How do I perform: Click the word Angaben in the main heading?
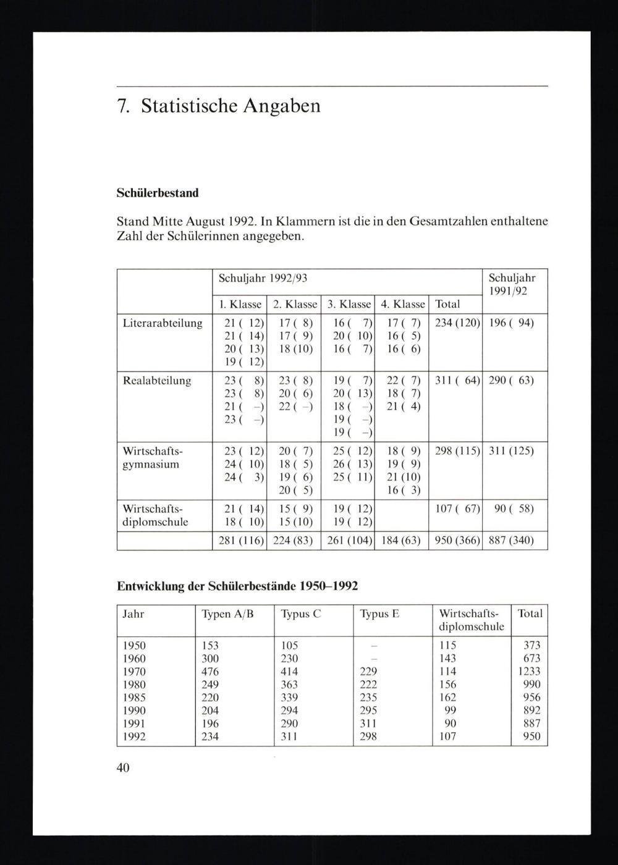282,106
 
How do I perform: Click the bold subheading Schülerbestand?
158,193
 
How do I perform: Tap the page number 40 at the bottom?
123,768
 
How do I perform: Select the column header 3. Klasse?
349,304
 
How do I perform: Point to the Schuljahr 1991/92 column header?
512,285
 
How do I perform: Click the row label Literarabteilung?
163,323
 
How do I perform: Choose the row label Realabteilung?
157,381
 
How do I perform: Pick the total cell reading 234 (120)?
457,323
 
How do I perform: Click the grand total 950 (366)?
457,541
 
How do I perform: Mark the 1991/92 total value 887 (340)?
510,541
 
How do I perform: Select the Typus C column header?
300,614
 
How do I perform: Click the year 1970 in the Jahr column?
134,672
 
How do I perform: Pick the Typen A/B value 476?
210,672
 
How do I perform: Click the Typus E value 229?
368,672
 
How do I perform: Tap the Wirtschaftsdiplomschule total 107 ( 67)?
457,509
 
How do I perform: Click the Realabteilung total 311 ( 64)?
457,381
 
